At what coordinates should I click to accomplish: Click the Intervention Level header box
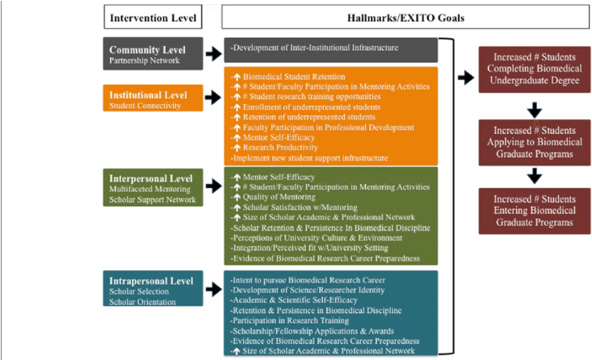(x=153, y=16)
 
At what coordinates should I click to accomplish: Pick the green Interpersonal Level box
(x=153, y=187)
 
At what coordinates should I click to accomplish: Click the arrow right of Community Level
(x=213, y=53)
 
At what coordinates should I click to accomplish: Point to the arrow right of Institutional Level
(x=213, y=98)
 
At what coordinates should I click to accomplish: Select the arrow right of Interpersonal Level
(x=213, y=186)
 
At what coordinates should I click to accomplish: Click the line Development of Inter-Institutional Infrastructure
(x=314, y=48)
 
